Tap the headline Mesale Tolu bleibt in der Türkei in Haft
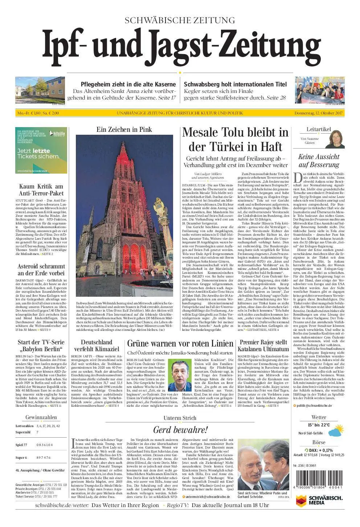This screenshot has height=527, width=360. pos(235,139)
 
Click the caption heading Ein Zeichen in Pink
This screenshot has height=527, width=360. pos(124,129)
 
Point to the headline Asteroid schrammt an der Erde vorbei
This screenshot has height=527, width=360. pos(41,269)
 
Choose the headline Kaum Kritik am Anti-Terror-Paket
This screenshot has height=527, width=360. pos(41,190)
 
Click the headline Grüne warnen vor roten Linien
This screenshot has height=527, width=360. pos(180,344)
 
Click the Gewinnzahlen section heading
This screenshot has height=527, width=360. pos(41,417)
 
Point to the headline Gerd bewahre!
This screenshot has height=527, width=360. pos(180,430)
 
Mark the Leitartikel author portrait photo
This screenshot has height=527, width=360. pos(334,139)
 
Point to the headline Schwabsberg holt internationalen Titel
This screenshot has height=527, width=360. pos(235,84)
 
